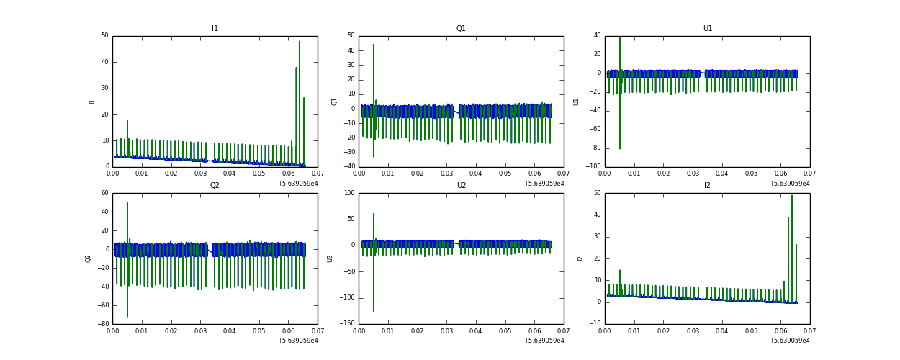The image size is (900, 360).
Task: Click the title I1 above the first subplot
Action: (x=215, y=29)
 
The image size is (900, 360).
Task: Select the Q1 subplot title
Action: (x=461, y=29)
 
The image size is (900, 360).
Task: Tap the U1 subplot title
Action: (x=708, y=29)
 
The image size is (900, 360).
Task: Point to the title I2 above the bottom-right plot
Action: (x=707, y=186)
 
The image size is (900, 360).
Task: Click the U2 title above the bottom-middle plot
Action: (x=461, y=186)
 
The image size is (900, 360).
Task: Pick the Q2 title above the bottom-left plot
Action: (x=215, y=186)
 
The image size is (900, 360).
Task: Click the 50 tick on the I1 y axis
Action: (x=104, y=35)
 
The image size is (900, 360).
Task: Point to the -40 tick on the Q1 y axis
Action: (x=349, y=167)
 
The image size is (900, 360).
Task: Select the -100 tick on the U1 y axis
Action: (x=593, y=167)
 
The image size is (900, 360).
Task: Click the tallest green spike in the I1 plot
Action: (x=300, y=42)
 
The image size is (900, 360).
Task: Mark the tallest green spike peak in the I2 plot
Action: (x=792, y=196)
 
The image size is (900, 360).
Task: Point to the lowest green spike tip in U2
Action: (x=374, y=311)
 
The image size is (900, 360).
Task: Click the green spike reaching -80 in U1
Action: (x=620, y=148)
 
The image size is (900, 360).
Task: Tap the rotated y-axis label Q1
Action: (x=335, y=102)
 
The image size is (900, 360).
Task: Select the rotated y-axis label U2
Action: (x=330, y=258)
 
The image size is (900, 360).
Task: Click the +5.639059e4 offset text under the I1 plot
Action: (x=297, y=184)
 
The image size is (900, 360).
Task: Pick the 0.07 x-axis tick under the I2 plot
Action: (x=809, y=331)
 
